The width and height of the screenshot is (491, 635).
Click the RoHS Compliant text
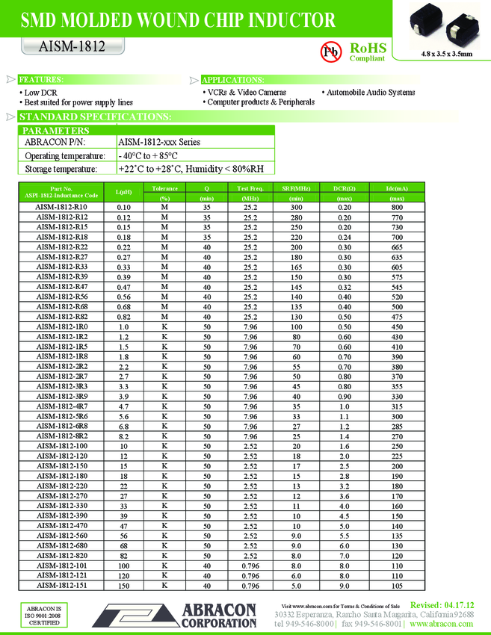pyautogui.click(x=367, y=52)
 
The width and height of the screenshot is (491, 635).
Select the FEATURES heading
pyautogui.click(x=41, y=79)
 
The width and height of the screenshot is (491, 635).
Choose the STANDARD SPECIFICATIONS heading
pyautogui.click(x=95, y=117)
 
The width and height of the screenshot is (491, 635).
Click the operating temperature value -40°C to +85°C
pyautogui.click(x=149, y=155)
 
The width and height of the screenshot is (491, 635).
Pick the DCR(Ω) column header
pyautogui.click(x=345, y=188)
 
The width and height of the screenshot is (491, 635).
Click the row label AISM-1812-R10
pyautogui.click(x=62, y=207)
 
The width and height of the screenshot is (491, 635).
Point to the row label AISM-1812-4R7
pyautogui.click(x=62, y=406)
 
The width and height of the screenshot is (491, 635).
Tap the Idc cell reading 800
pyautogui.click(x=397, y=207)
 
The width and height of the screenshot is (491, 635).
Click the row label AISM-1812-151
pyautogui.click(x=62, y=585)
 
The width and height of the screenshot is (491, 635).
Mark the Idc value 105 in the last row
pyautogui.click(x=397, y=585)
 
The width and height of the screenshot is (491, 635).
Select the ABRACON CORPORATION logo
pyautogui.click(x=175, y=616)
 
